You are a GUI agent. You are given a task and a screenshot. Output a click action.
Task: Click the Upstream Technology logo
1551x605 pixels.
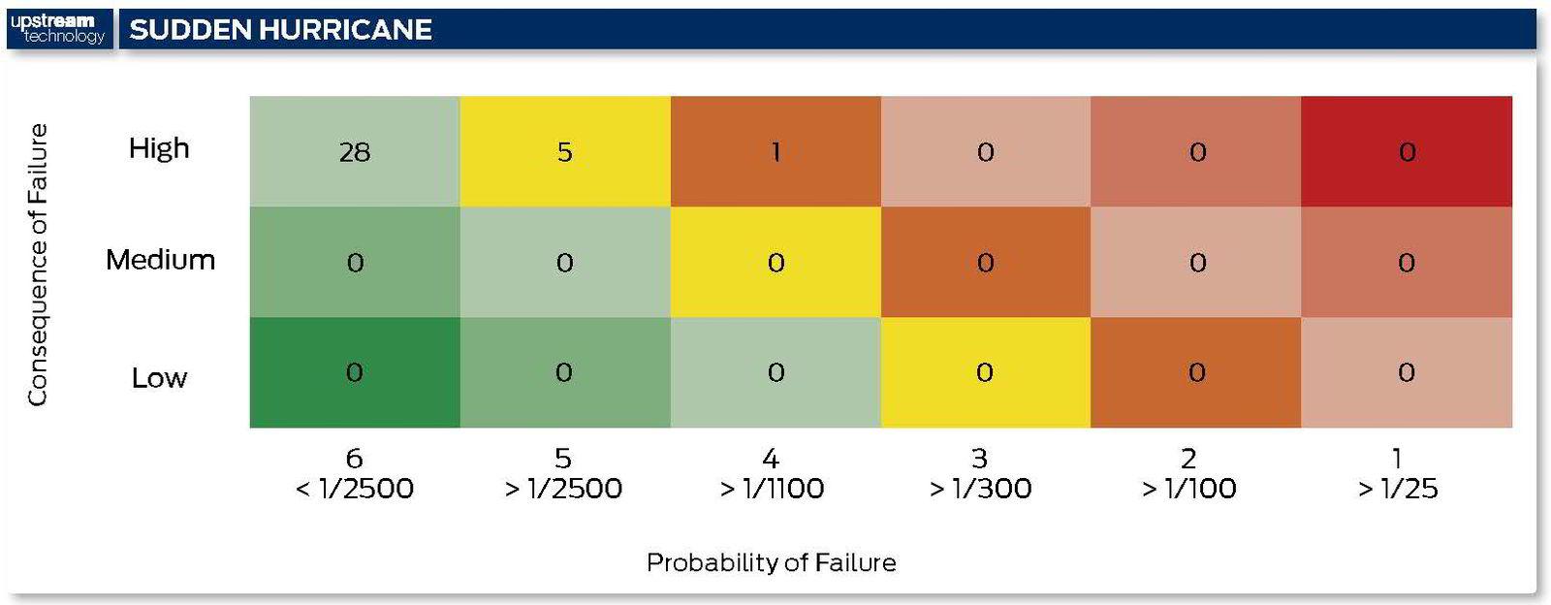(58, 29)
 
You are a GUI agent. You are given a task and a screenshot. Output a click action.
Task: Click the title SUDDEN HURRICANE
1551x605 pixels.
(280, 30)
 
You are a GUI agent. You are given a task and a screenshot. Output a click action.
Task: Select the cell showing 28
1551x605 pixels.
(355, 151)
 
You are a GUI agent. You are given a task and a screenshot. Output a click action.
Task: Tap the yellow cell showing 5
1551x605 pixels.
(565, 151)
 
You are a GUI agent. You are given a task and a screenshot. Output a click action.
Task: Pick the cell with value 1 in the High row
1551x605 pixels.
(775, 151)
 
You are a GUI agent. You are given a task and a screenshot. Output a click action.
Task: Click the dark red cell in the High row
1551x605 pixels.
(1407, 151)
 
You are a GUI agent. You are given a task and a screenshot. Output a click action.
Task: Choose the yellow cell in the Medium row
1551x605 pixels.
(775, 263)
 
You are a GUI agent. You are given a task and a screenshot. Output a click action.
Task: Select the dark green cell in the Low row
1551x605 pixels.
(355, 372)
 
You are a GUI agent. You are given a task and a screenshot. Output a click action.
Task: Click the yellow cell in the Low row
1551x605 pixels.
(985, 372)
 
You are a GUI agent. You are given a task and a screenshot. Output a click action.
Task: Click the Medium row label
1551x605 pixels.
(160, 260)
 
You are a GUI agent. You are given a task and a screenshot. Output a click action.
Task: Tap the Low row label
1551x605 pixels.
(159, 378)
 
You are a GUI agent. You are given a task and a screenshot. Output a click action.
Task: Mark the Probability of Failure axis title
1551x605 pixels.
(772, 562)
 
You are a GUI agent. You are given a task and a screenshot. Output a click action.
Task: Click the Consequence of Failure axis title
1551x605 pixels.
(38, 265)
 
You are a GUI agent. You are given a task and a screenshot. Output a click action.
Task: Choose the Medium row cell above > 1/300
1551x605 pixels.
(985, 263)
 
